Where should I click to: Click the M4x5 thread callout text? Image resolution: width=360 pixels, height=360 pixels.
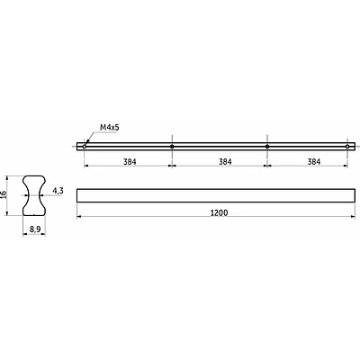(x=110, y=128)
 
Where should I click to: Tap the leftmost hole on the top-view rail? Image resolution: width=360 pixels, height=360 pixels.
(x=85, y=147)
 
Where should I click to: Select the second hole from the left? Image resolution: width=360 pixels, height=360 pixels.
(x=172, y=147)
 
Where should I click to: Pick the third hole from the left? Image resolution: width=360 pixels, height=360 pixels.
(x=267, y=147)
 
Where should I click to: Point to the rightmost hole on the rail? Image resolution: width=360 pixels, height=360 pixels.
(x=347, y=147)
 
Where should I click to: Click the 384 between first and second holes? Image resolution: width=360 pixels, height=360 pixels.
(x=130, y=162)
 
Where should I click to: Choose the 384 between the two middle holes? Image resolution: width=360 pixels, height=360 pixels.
(x=225, y=162)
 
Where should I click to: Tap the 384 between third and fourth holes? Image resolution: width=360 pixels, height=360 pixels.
(x=314, y=162)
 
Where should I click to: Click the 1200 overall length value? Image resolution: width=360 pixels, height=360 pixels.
(x=219, y=213)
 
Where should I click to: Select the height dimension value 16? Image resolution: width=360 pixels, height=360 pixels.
(x=4, y=193)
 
